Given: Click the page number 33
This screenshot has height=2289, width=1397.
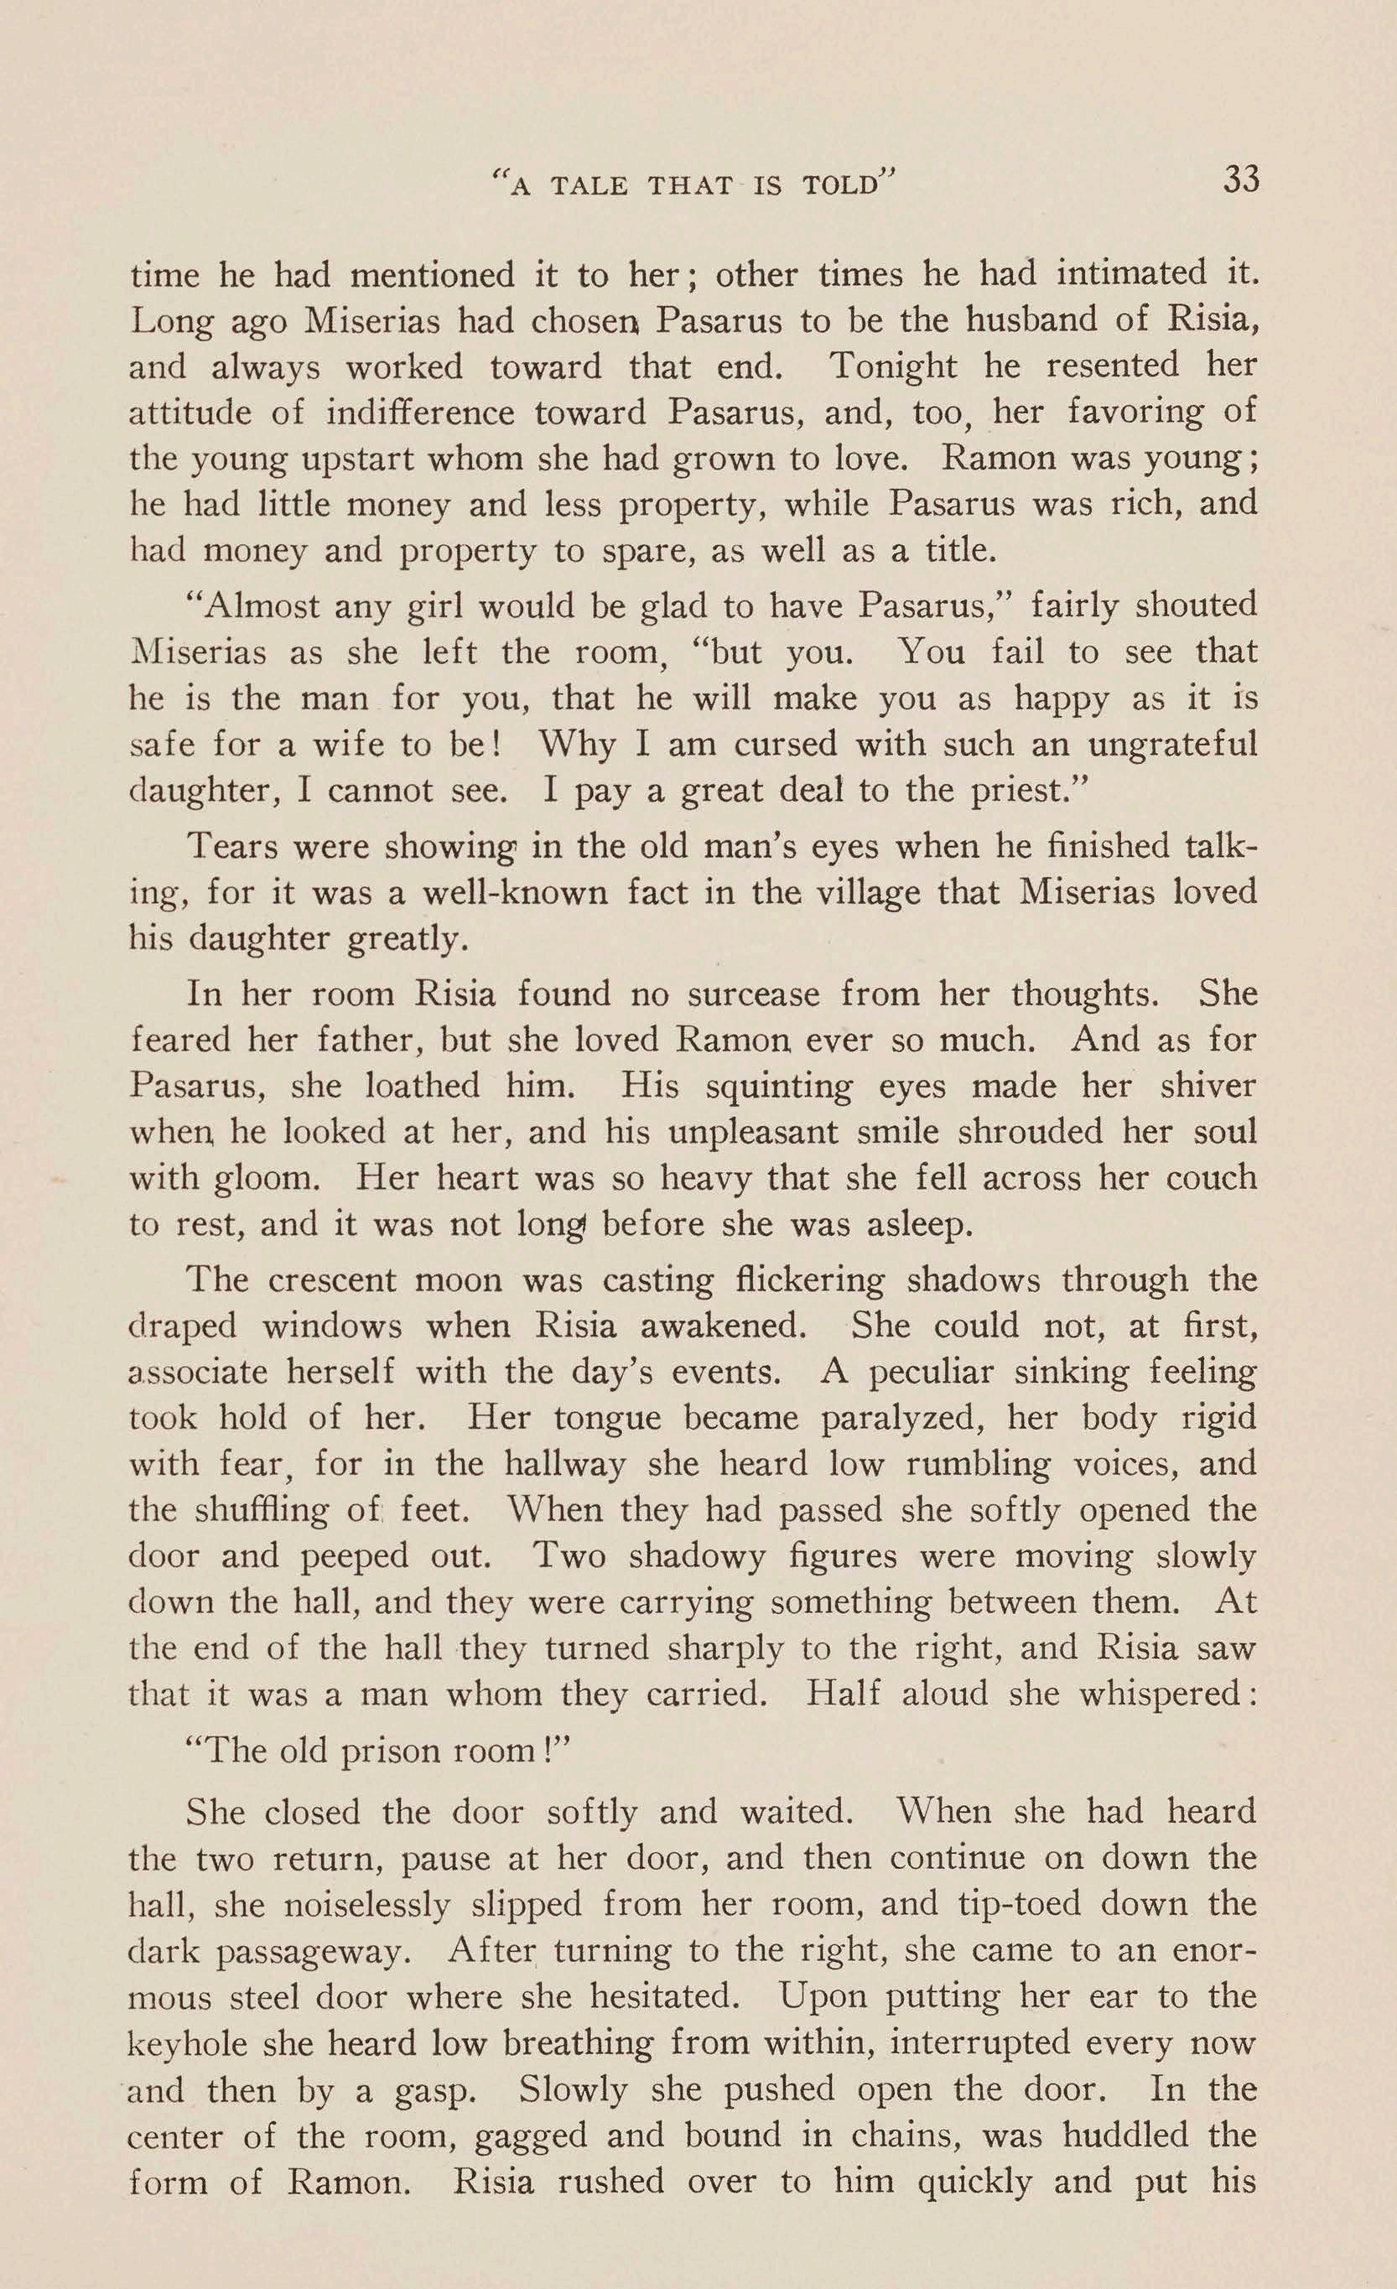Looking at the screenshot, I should click(1241, 179).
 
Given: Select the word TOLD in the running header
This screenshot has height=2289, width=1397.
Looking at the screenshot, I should click(839, 186).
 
